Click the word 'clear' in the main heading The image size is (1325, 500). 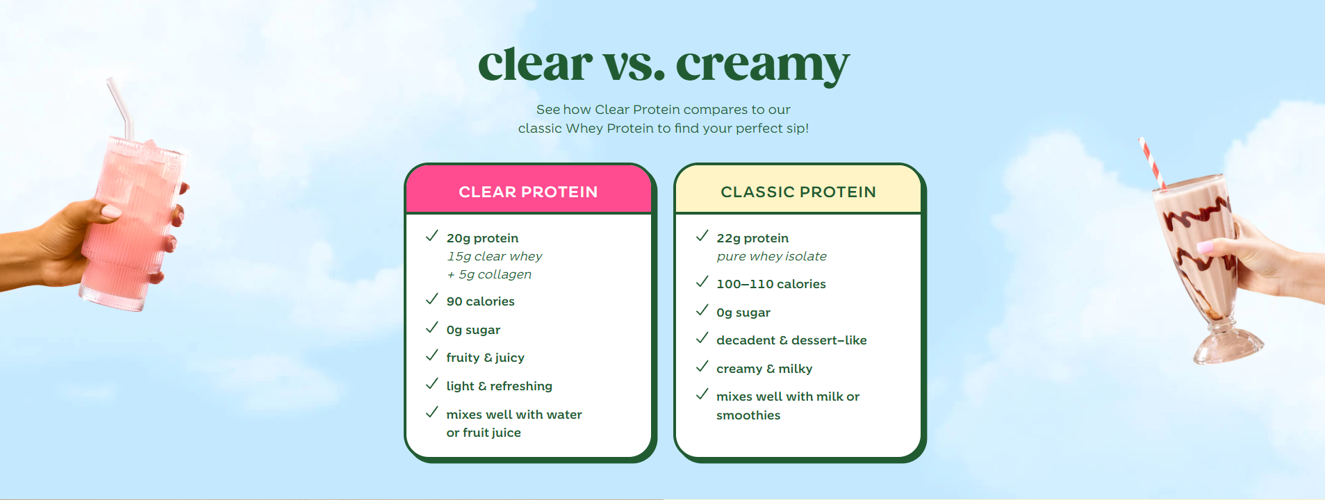pos(535,64)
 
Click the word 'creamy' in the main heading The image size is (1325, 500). pos(763,67)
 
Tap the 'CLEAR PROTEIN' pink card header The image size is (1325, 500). pos(528,192)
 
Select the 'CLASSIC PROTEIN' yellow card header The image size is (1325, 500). pos(798,192)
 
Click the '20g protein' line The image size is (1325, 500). pos(482,238)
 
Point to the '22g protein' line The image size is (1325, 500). pos(752,238)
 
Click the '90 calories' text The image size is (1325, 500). pos(480,301)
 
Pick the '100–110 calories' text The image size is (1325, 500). pos(771,284)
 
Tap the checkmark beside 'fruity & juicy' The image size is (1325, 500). pos(431,356)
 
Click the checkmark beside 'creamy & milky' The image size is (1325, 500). pos(702,366)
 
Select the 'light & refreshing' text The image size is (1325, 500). pos(500,386)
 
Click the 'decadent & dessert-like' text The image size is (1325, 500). pos(791,340)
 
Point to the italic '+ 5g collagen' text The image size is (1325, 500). pos(489,274)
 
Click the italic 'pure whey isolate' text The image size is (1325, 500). pos(771,256)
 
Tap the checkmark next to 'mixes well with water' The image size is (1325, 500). pos(431,412)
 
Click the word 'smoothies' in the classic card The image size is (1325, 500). pos(748,415)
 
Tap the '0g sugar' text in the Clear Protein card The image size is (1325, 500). pos(473,330)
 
